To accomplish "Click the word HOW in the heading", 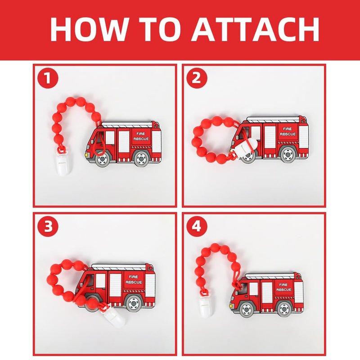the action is click(x=89, y=29).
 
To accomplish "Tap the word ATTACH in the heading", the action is click(x=256, y=29).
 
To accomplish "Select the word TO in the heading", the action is click(x=160, y=29).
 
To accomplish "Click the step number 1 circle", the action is click(x=48, y=78).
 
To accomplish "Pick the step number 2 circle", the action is click(x=197, y=78).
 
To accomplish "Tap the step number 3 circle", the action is click(x=48, y=227).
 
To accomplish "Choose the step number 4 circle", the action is click(x=197, y=227).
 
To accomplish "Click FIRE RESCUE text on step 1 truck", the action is click(x=141, y=136).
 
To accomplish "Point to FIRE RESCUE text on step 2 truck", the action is click(x=288, y=131).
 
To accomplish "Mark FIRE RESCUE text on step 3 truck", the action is click(x=134, y=279).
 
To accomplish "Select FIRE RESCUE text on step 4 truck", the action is click(x=283, y=287).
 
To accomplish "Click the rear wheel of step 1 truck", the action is click(x=141, y=158).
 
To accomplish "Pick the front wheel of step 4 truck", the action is click(x=247, y=310).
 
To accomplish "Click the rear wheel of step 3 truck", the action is click(x=134, y=303).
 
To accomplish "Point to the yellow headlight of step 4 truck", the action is click(x=231, y=306).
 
